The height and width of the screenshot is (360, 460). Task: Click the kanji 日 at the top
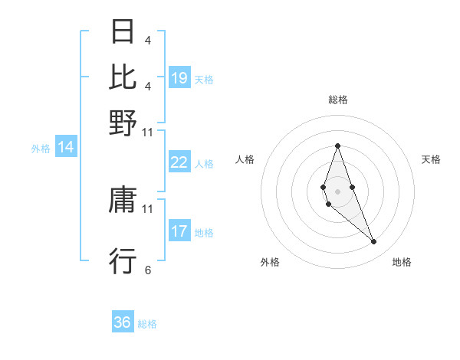pos(123,31)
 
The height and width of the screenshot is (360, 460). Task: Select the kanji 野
pos(123,122)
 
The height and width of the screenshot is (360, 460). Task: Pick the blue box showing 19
pos(179,78)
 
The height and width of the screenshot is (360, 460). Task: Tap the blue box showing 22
pos(179,162)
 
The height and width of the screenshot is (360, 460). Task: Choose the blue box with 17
pos(179,231)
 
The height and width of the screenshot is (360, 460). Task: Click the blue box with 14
pos(66,148)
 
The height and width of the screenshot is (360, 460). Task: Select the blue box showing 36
pos(123,322)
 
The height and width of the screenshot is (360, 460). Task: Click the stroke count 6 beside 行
pos(148,270)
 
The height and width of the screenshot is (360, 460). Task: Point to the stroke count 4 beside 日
pos(148,40)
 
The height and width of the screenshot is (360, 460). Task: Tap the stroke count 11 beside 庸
pos(148,208)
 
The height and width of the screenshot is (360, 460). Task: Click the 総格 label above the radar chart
pos(338,100)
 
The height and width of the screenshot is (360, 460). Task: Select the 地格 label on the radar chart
pos(402,262)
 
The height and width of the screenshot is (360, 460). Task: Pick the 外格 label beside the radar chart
pos(270,262)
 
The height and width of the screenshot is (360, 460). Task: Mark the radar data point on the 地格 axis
pos(374,242)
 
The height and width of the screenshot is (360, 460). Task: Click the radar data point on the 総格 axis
pos(338,146)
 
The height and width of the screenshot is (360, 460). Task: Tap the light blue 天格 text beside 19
pos(204,79)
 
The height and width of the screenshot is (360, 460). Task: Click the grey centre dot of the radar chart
pos(338,191)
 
